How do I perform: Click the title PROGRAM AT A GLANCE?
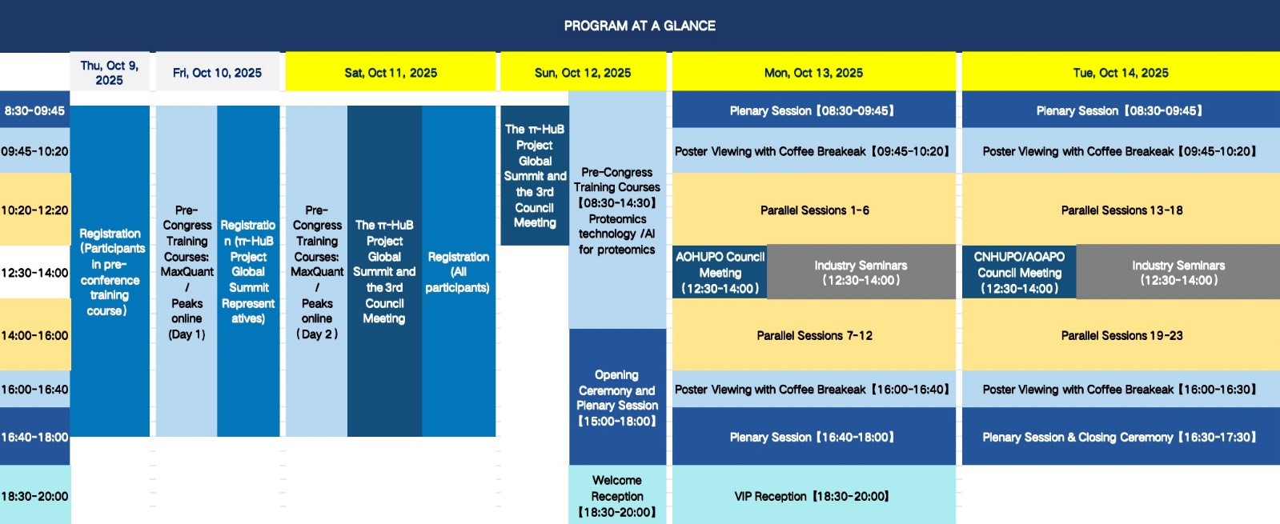[x=640, y=26]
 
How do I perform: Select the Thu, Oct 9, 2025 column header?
[x=109, y=73]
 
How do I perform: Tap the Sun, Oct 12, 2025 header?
[x=583, y=73]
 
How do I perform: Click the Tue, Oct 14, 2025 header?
[x=1121, y=73]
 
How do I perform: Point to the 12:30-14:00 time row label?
[x=35, y=272]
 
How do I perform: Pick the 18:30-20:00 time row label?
[x=35, y=495]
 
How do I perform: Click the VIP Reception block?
[x=814, y=495]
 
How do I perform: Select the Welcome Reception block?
[x=617, y=495]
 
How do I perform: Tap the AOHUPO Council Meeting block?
[x=720, y=272]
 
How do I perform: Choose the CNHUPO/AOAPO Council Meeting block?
[x=1019, y=272]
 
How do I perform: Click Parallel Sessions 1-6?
[x=814, y=210]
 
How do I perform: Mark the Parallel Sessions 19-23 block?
[x=1121, y=335]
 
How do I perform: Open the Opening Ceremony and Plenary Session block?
[x=617, y=398]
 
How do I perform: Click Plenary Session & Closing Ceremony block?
[x=1121, y=437]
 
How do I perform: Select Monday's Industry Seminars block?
[x=861, y=272]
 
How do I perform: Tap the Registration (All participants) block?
[x=458, y=271]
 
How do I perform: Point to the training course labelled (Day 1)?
[x=187, y=271]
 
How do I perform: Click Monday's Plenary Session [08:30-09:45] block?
[x=814, y=110]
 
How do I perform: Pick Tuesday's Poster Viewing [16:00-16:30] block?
[x=1121, y=389]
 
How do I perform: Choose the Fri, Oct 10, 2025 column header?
[x=217, y=73]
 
